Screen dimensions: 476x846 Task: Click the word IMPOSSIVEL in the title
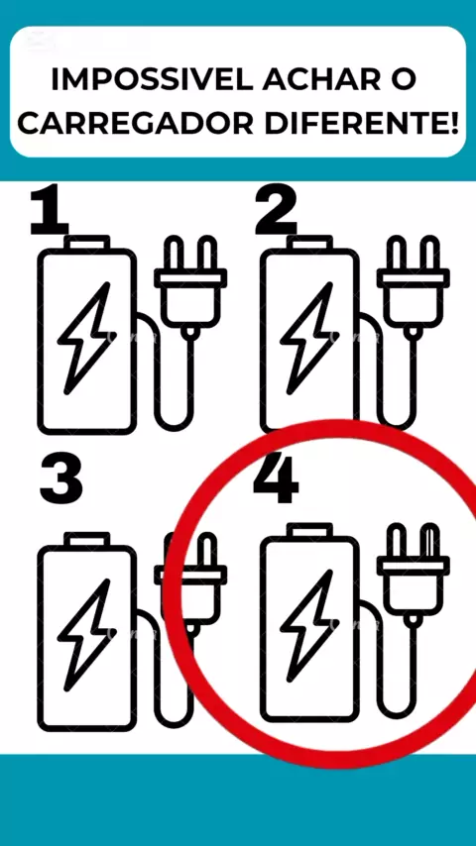[x=152, y=80]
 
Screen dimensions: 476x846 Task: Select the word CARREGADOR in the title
[x=136, y=124]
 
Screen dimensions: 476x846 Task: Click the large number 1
[x=50, y=212]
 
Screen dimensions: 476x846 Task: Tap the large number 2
[x=276, y=212]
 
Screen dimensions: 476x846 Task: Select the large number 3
[x=61, y=479]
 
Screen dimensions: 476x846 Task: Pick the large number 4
[x=276, y=479]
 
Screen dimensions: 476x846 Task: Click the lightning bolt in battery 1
[x=86, y=338]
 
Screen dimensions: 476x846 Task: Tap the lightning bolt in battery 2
[x=309, y=338]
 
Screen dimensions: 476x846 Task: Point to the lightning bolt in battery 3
[x=86, y=635]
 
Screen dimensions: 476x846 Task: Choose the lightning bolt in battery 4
[x=309, y=626]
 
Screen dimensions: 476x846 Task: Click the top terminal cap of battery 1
[x=87, y=243]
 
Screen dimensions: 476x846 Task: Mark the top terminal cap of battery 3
[x=87, y=540]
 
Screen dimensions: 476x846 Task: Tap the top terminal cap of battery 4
[x=309, y=531]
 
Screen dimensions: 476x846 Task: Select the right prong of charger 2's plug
[x=430, y=253]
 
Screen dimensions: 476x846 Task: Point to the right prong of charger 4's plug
[x=430, y=541]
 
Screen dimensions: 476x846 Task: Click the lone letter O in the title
[x=403, y=80]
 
